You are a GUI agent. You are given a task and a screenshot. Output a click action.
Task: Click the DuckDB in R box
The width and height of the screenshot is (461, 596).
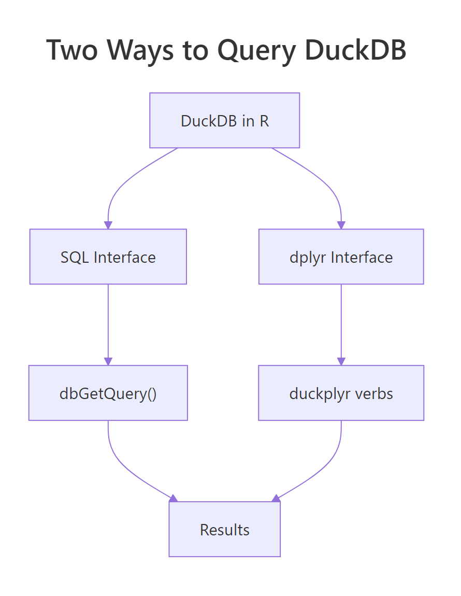tap(224, 120)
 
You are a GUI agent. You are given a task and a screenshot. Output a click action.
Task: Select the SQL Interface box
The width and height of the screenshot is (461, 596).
tap(108, 257)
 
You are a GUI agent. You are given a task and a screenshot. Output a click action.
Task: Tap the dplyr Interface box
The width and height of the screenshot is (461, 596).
tap(341, 257)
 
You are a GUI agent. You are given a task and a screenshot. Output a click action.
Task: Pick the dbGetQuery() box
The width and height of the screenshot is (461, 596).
tap(108, 393)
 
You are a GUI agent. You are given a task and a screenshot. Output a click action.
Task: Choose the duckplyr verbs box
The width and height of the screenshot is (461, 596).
tap(341, 393)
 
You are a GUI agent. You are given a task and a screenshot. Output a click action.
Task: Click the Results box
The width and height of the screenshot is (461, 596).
tap(224, 529)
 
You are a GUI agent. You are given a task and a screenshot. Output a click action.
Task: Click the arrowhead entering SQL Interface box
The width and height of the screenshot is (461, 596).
tap(108, 225)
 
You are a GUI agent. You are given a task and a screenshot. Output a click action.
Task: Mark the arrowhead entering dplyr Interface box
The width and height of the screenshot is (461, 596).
tap(341, 225)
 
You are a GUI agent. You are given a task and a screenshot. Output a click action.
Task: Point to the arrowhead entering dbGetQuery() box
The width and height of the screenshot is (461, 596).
tap(108, 361)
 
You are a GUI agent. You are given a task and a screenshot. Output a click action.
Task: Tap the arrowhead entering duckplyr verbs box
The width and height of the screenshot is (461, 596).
tap(341, 361)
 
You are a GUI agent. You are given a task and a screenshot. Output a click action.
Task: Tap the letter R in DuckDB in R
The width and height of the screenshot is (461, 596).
tap(264, 121)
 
